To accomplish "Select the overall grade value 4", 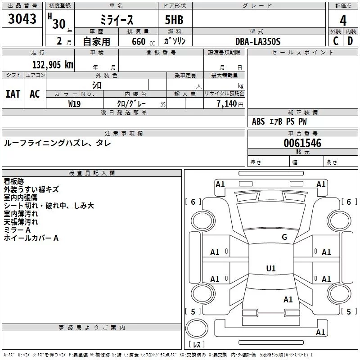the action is [343, 20].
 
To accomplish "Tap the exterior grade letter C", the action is [335, 41].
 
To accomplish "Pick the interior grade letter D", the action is [350, 41].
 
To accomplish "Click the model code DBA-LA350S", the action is [258, 41].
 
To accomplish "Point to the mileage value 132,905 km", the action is [52, 65].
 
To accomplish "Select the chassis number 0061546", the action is [302, 143].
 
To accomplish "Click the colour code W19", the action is [75, 103].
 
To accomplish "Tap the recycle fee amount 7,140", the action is [229, 103].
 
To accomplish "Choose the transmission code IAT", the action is [13, 94].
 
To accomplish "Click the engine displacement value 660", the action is [138, 41].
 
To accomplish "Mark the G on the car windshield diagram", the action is [284, 237].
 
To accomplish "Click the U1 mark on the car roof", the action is [270, 269].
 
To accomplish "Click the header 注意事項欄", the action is [124, 134].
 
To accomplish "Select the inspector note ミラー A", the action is [17, 230].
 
